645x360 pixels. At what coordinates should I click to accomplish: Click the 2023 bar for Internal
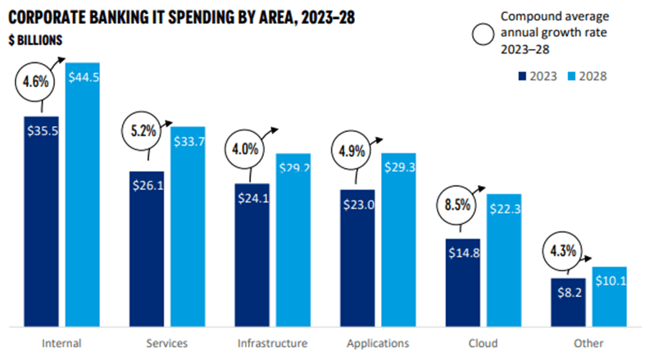[x=41, y=221]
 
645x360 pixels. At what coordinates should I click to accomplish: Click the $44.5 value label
[x=83, y=78]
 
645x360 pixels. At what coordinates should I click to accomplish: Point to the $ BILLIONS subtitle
[x=38, y=39]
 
